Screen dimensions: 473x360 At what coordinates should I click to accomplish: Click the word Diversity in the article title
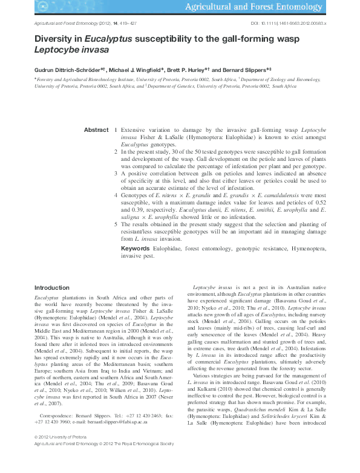[x=52, y=38]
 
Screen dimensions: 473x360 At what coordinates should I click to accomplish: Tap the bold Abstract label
[x=96, y=130]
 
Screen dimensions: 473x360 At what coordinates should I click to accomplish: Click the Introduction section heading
[x=51, y=287]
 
